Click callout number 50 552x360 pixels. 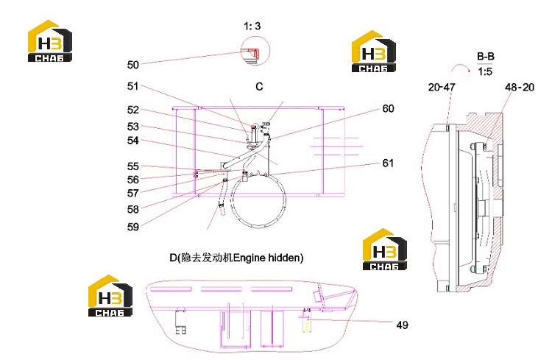click(132, 65)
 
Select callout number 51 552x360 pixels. click(132, 86)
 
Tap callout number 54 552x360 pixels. click(132, 140)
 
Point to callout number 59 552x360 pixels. click(132, 227)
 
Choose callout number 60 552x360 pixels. click(388, 108)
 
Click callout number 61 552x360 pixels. click(388, 163)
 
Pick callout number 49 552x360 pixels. click(402, 325)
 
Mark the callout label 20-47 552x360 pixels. click(442, 87)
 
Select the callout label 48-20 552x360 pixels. click(520, 87)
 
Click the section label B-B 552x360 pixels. click(486, 57)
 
